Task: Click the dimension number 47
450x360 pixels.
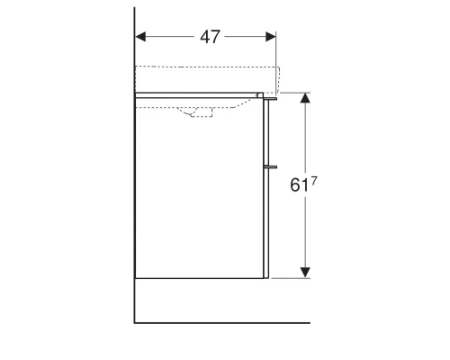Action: [x=210, y=37]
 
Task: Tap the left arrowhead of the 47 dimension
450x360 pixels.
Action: [x=140, y=37]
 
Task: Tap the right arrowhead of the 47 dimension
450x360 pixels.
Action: [x=271, y=37]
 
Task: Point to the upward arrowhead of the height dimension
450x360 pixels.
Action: [x=305, y=97]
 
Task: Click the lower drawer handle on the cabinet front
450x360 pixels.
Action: [x=270, y=166]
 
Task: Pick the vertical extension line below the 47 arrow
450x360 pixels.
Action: [x=276, y=54]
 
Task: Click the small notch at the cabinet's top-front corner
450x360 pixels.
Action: [x=260, y=94]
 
